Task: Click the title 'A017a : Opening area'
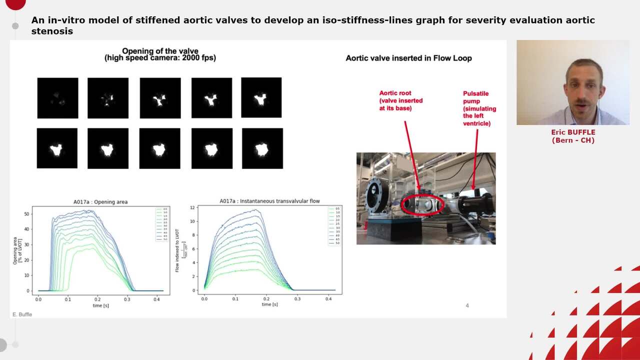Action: click(x=100, y=202)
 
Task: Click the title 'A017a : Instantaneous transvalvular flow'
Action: click(x=269, y=201)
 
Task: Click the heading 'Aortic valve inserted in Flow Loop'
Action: click(x=408, y=58)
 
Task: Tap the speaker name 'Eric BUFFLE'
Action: click(x=573, y=132)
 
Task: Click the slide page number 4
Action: click(x=467, y=305)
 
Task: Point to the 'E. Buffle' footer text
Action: click(x=22, y=314)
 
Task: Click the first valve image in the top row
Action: click(x=57, y=98)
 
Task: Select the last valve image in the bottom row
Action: click(x=262, y=148)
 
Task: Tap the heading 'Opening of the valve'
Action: click(x=160, y=51)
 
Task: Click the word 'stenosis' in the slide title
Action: click(x=52, y=31)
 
